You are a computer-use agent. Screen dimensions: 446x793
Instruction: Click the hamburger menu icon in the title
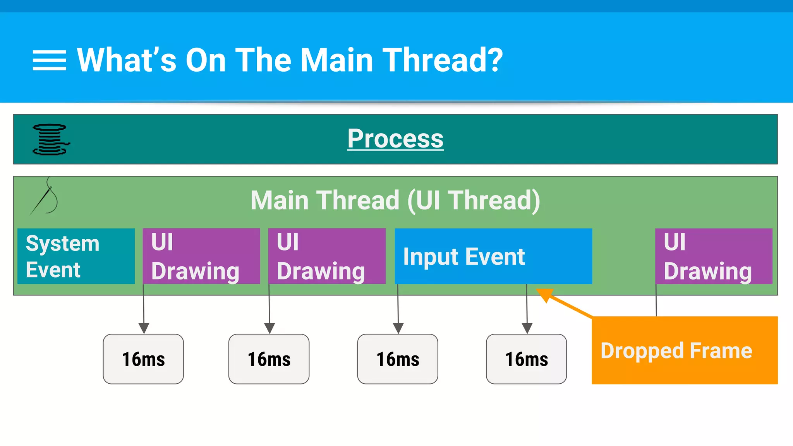point(49,60)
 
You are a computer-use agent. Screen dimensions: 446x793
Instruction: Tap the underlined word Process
point(395,139)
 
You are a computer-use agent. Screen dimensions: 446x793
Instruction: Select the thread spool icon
point(51,139)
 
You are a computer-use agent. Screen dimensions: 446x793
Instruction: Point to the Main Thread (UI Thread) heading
point(395,200)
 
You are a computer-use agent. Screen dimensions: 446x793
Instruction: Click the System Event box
point(76,256)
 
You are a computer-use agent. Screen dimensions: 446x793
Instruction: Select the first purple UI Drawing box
point(201,256)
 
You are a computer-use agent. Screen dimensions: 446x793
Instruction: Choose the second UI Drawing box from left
point(326,256)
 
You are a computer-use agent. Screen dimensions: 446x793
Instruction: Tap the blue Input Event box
point(493,256)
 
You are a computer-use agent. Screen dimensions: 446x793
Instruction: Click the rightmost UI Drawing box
point(713,256)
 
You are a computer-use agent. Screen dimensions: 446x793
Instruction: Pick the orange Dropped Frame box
point(684,350)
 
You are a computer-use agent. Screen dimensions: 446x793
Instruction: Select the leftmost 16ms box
point(143,359)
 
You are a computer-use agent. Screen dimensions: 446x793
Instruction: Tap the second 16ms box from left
point(269,359)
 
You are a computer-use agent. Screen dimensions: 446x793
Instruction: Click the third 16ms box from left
point(398,359)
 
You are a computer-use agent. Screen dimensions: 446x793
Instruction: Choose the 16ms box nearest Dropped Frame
point(526,359)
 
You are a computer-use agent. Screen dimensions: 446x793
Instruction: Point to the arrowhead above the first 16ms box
point(144,328)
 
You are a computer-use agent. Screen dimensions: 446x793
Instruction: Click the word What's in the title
point(126,60)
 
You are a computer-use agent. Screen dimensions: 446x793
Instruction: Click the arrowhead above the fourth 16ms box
point(527,328)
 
